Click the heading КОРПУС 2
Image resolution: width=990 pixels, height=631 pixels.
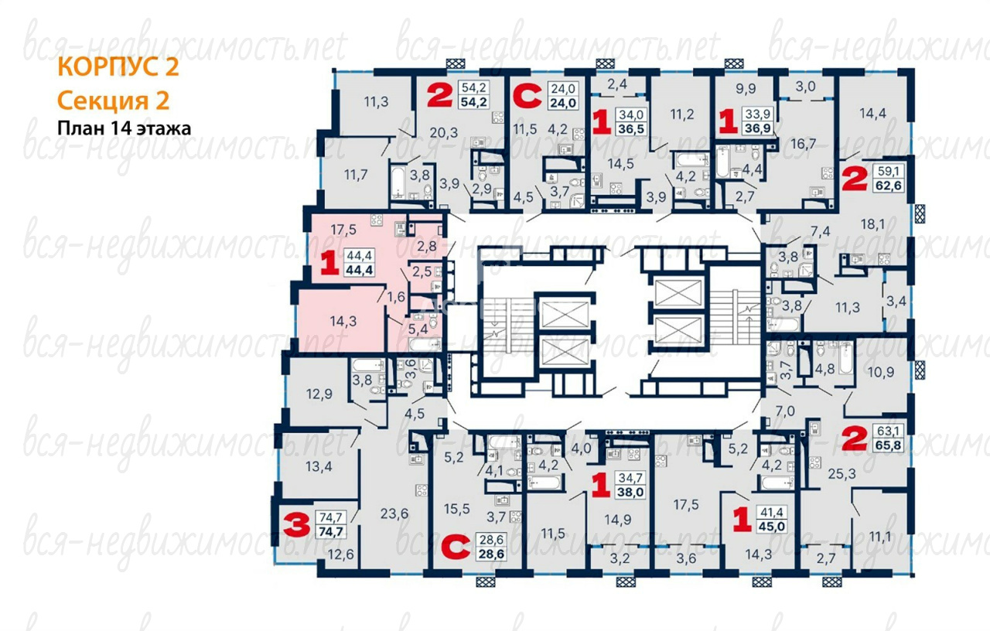click(118, 67)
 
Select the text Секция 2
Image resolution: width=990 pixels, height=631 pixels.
click(113, 101)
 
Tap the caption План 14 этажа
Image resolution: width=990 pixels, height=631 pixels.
click(125, 128)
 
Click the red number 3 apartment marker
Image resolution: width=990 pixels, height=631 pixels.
click(296, 524)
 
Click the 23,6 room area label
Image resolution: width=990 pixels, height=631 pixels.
click(394, 513)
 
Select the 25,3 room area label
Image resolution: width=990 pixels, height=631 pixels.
click(842, 474)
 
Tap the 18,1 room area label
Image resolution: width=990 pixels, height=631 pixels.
click(873, 224)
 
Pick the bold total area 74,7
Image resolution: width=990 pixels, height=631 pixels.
click(331, 531)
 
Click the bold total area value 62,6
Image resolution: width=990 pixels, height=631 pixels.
click(889, 185)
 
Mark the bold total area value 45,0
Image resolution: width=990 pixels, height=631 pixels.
click(772, 527)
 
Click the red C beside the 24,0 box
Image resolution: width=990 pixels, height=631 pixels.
click(527, 96)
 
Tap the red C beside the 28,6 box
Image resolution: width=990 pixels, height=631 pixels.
click(456, 547)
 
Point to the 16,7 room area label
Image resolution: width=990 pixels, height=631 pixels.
click(803, 144)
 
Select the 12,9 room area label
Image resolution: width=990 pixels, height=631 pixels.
click(319, 394)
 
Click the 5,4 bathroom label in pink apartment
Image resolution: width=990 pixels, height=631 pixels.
click(418, 329)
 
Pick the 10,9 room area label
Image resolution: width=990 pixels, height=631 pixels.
click(881, 372)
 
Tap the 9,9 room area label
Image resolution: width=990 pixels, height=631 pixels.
click(746, 89)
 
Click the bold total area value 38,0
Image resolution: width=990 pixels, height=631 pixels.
click(630, 492)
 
